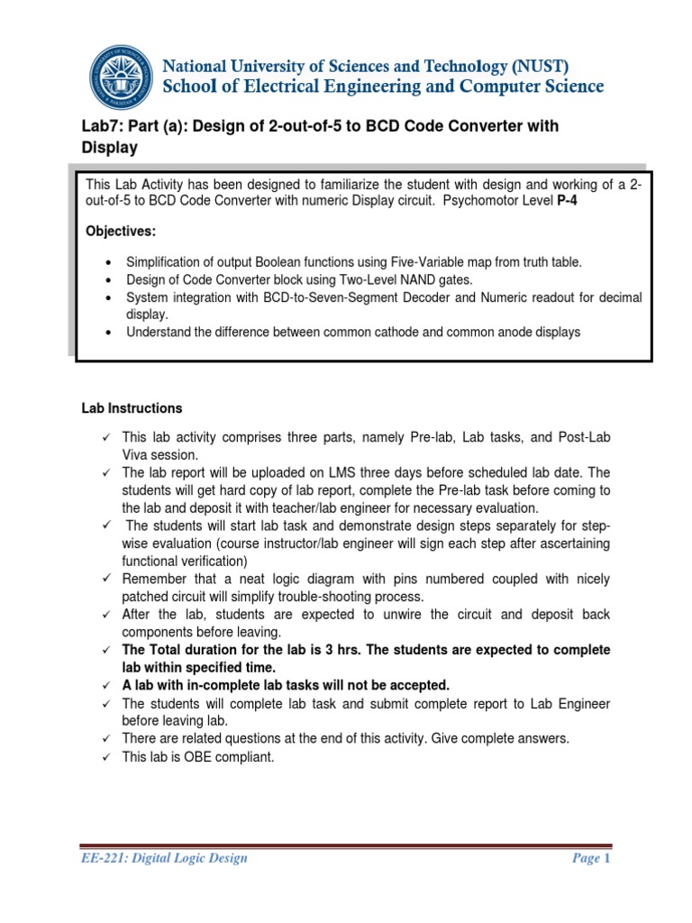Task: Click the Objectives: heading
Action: [121, 232]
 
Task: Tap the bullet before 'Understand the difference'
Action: [109, 333]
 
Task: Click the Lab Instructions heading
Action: [132, 408]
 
